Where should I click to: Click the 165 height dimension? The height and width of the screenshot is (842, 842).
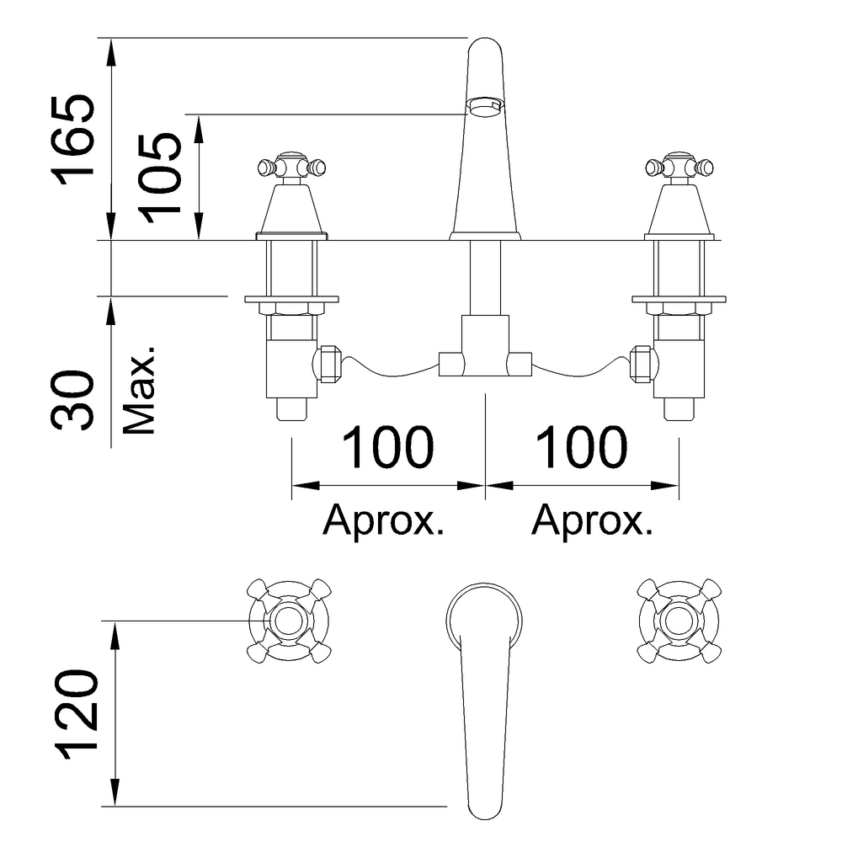pyautogui.click(x=73, y=140)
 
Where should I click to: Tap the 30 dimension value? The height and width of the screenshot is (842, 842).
pyautogui.click(x=72, y=400)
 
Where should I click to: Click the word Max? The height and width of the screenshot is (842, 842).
pyautogui.click(x=139, y=389)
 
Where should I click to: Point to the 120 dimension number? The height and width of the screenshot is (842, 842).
pyautogui.click(x=77, y=714)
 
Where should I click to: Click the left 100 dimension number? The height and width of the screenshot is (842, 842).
pyautogui.click(x=387, y=447)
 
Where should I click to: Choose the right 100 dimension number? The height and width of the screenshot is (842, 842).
pyautogui.click(x=582, y=447)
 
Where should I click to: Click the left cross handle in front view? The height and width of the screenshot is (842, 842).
pyautogui.click(x=291, y=167)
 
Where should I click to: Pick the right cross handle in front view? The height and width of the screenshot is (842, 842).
pyautogui.click(x=679, y=167)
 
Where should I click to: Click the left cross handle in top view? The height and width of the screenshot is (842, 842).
pyautogui.click(x=289, y=621)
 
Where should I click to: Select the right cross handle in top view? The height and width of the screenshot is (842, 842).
pyautogui.click(x=679, y=621)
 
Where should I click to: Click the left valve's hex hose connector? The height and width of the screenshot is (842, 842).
pyautogui.click(x=328, y=364)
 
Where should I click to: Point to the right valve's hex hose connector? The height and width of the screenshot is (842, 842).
pyautogui.click(x=642, y=364)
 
